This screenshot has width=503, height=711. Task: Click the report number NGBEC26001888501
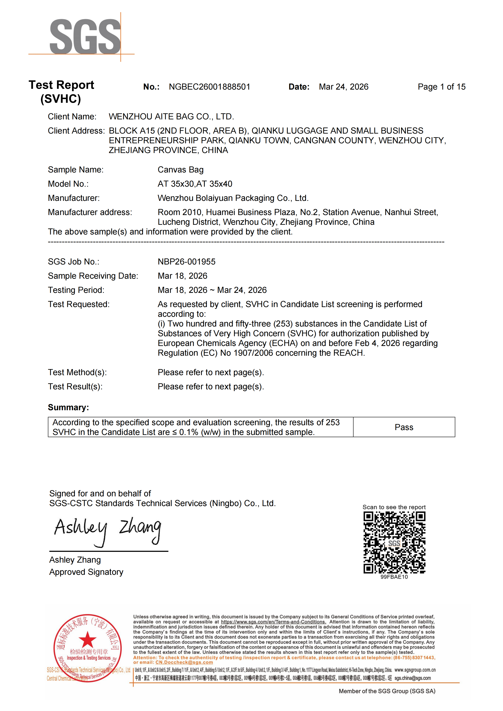coord(209,87)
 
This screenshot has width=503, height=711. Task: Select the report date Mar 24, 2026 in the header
coord(343,87)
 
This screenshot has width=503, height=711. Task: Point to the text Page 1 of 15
coord(441,87)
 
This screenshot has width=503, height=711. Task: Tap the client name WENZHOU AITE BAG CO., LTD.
coord(171,117)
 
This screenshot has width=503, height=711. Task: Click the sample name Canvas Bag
coord(181,170)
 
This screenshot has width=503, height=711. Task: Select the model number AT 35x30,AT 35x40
coord(195,184)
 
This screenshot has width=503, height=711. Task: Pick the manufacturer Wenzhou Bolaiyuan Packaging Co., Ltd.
coord(233,198)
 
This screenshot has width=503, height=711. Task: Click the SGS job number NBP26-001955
coord(187,262)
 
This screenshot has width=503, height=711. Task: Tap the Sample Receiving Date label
coord(93,276)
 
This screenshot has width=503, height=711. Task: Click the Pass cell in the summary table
coord(404,427)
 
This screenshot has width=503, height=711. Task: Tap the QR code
coord(394,543)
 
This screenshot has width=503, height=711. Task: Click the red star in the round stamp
coord(88,639)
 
